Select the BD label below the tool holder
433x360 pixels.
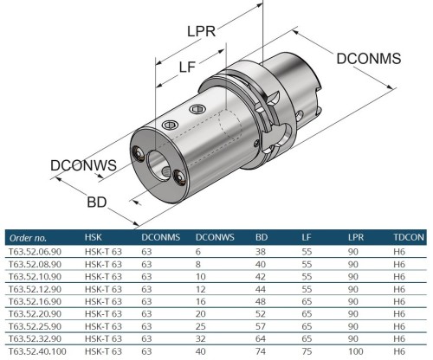[98, 201]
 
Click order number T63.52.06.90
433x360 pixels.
[34, 251]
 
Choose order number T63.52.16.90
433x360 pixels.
[34, 302]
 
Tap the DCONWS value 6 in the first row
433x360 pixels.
[199, 251]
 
